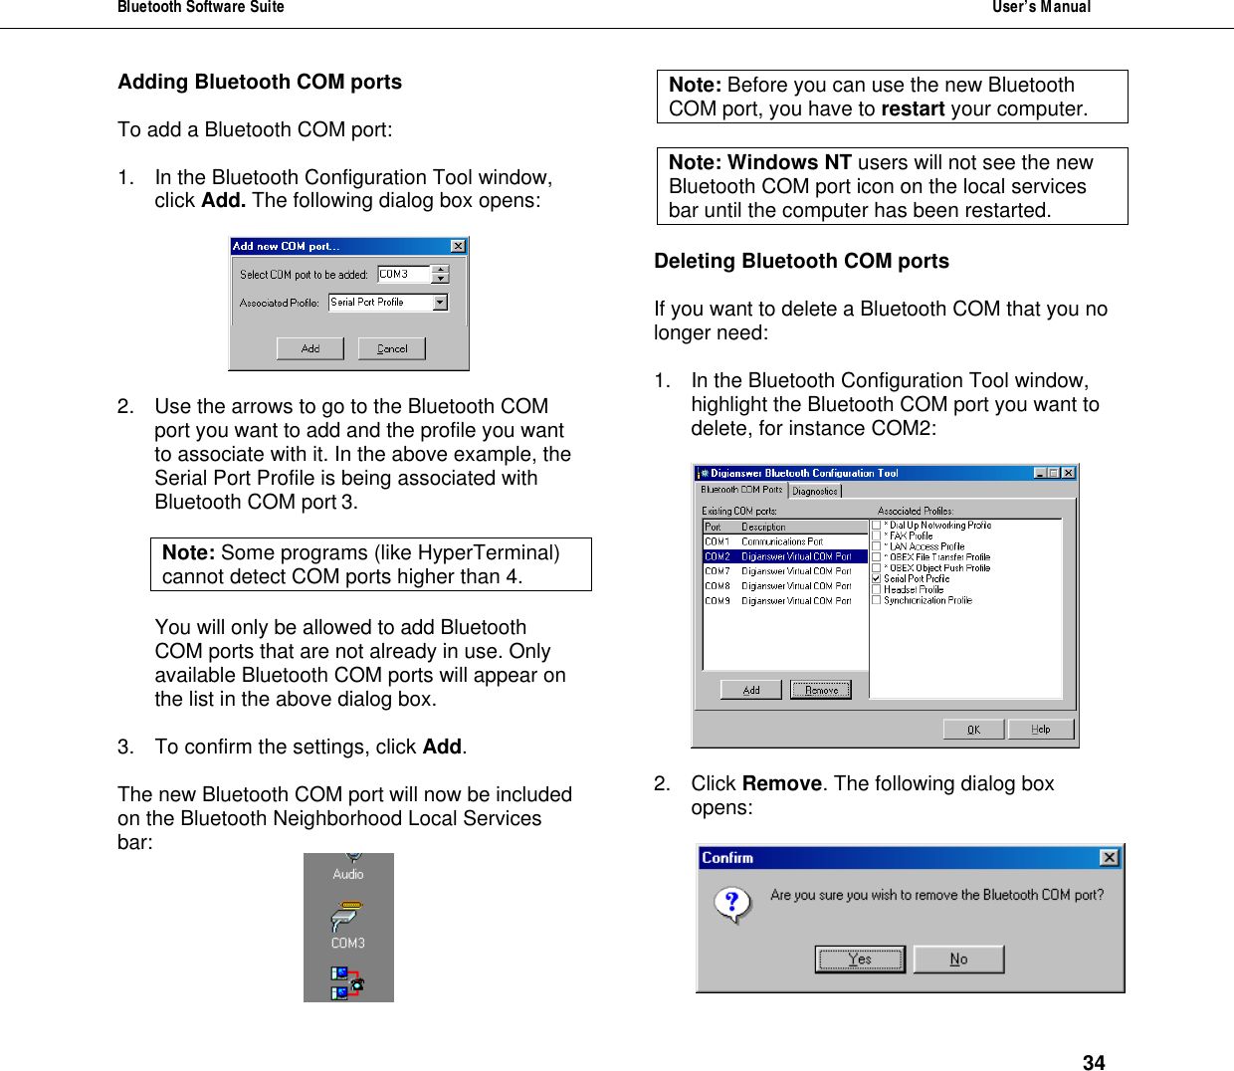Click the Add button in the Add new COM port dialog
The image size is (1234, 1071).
310,348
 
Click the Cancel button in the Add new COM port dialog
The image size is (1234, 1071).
392,348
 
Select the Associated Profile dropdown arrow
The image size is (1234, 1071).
440,303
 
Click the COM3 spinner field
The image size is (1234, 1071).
404,274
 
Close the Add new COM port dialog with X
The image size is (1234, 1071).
458,246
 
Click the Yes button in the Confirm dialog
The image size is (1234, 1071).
860,960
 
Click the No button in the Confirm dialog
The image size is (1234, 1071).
958,960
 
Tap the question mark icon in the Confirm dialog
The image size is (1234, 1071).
732,904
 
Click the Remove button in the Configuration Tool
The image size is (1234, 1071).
821,690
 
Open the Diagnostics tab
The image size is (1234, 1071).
815,491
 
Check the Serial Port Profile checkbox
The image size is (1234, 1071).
876,578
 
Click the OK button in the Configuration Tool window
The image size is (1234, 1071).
973,730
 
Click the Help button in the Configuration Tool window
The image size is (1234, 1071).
1041,730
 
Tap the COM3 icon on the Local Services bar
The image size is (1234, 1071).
347,922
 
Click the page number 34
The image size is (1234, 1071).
1094,1062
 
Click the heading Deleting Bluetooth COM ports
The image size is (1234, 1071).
801,261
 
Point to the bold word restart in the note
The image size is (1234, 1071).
913,108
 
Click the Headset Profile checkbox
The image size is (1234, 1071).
876,589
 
